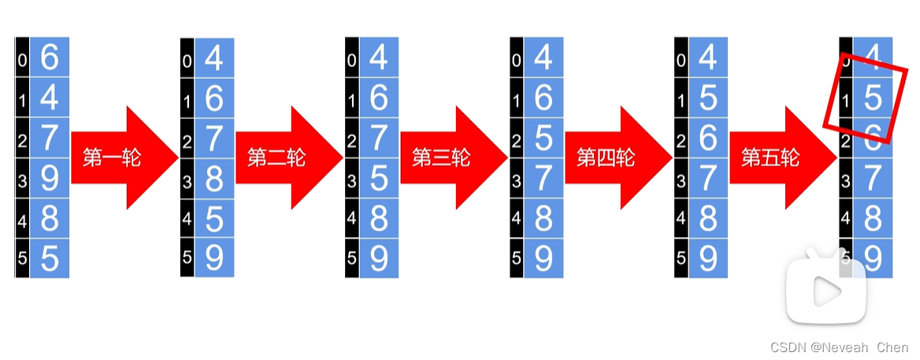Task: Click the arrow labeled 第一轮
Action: click(122, 158)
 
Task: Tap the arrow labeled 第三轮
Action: click(451, 158)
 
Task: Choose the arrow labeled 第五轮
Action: click(781, 158)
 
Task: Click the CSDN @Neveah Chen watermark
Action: click(839, 347)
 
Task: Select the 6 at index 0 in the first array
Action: click(50, 58)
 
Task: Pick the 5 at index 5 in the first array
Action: click(50, 258)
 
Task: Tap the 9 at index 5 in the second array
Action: click(214, 258)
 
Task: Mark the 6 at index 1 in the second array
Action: click(214, 98)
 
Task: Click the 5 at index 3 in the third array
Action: click(379, 179)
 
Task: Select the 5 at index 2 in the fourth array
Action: click(543, 139)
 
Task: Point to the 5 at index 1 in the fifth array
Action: click(708, 98)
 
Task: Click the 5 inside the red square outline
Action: click(872, 98)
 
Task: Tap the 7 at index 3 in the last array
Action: click(872, 179)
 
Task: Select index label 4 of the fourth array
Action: click(517, 220)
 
